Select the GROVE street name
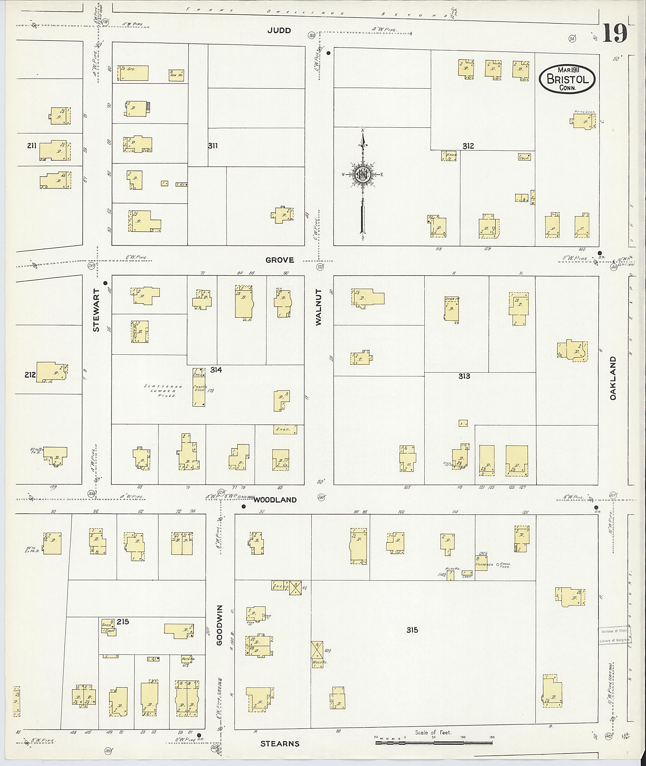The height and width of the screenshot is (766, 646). click(x=279, y=260)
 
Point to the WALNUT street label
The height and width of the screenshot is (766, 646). click(x=319, y=307)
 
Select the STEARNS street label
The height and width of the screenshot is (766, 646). click(x=280, y=744)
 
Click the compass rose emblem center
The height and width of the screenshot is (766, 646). click(x=362, y=175)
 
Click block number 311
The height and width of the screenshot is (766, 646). click(x=213, y=146)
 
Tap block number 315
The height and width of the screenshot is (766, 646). click(x=412, y=630)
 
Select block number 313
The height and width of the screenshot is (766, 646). click(x=464, y=376)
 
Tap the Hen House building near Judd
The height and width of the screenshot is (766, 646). click(x=176, y=75)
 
